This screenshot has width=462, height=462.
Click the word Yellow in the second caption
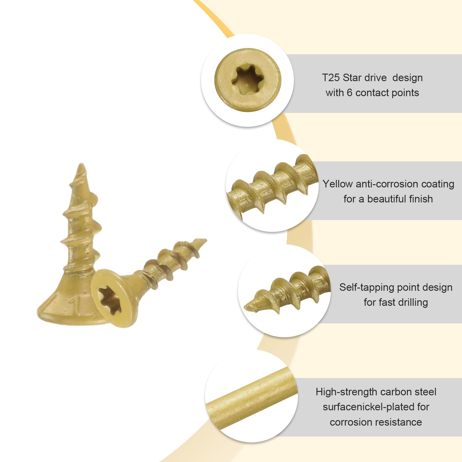[338, 184]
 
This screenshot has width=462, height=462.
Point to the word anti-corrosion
[383, 184]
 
